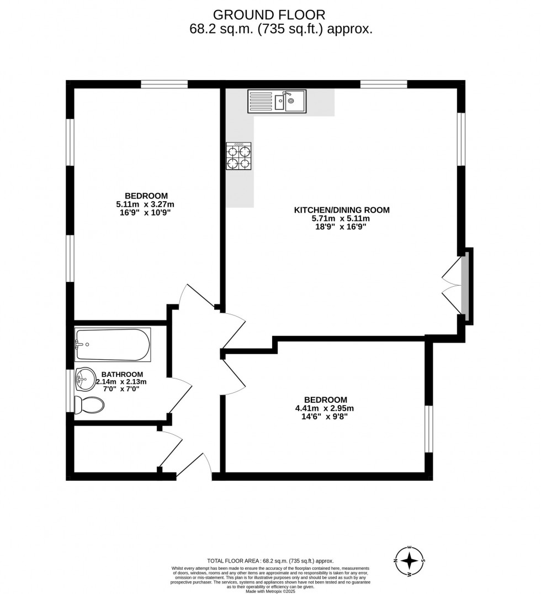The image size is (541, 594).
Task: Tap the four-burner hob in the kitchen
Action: pyautogui.click(x=238, y=156)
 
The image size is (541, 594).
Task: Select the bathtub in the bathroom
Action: pyautogui.click(x=113, y=344)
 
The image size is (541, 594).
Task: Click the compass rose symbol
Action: pyautogui.click(x=409, y=561)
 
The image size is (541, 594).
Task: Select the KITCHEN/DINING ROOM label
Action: pyautogui.click(x=342, y=210)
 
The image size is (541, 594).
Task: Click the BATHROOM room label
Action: pyautogui.click(x=122, y=374)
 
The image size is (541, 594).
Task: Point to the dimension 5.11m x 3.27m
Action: pyautogui.click(x=146, y=204)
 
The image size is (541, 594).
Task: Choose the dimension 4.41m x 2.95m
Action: pyautogui.click(x=325, y=408)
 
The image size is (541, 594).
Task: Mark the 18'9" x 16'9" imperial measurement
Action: pyautogui.click(x=342, y=227)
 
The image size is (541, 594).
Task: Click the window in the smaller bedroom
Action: pyautogui.click(x=428, y=429)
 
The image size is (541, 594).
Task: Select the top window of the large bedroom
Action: pyautogui.click(x=164, y=85)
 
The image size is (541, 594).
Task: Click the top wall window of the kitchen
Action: pyautogui.click(x=384, y=85)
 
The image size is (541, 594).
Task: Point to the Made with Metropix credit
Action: pyautogui.click(x=270, y=591)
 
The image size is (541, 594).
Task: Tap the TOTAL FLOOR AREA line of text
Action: pyautogui.click(x=270, y=560)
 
